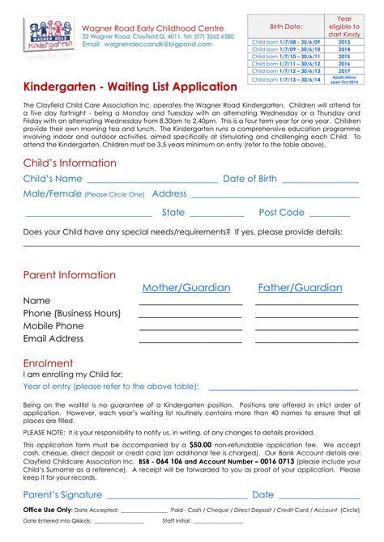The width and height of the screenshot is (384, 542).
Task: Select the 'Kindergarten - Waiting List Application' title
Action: [x=130, y=87]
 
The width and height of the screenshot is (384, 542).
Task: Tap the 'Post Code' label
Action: [x=281, y=213]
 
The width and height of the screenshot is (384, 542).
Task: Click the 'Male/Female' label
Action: [x=53, y=194]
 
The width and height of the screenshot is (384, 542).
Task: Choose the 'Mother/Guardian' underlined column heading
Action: [x=186, y=288]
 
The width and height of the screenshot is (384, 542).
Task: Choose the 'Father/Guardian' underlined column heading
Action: [x=300, y=288]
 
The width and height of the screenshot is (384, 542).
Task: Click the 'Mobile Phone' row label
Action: [x=53, y=326]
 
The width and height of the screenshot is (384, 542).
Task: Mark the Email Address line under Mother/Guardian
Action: [x=190, y=342]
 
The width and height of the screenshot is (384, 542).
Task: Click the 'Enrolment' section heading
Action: [x=48, y=363]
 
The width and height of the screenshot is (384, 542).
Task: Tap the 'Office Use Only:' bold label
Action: [x=48, y=510]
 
